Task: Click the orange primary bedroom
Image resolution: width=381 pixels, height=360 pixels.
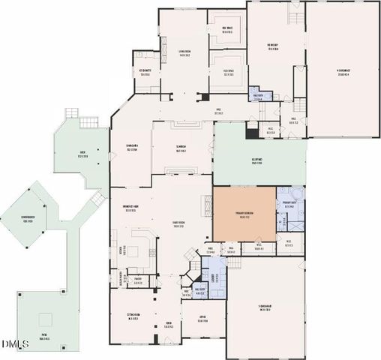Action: pyautogui.click(x=244, y=214)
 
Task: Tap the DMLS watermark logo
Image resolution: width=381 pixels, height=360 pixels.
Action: pyautogui.click(x=13, y=344)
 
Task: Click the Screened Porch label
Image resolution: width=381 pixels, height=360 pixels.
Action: pyautogui.click(x=30, y=220)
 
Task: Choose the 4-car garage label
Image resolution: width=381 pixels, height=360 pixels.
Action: pyautogui.click(x=343, y=72)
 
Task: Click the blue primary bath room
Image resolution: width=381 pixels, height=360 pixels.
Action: pyautogui.click(x=289, y=208)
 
